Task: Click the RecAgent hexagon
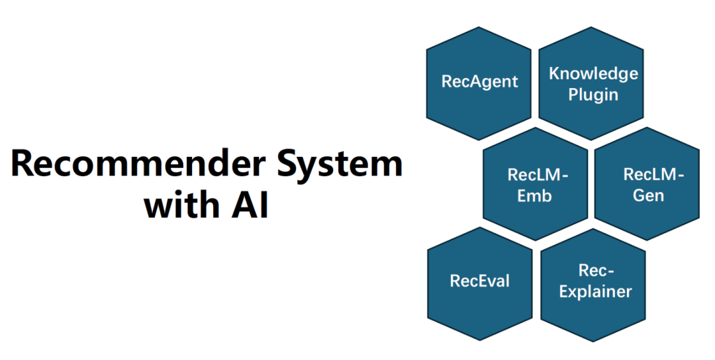479,83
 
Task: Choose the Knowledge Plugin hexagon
593,83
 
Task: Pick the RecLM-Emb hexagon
536,185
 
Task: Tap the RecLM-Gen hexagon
648,185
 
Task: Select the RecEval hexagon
479,281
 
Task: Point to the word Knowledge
593,73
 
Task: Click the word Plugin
593,94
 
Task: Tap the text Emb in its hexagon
536,196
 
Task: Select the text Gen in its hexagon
648,196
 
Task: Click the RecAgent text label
479,83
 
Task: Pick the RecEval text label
479,281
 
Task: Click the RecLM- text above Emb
538,175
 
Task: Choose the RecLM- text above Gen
653,175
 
